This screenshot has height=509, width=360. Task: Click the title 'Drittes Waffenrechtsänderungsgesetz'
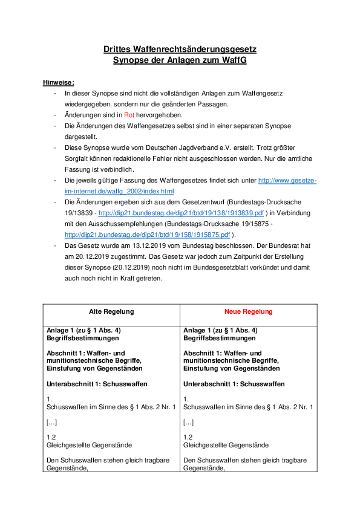pos(180,49)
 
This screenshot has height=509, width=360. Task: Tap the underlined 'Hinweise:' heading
pos(59,82)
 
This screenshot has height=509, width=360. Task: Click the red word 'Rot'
pos(129,115)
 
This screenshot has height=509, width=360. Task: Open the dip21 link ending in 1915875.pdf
pos(148,235)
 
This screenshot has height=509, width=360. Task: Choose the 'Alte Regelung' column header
pos(111,311)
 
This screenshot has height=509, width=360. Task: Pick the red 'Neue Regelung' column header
pos(248,311)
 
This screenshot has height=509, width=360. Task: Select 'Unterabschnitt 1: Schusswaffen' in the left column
pos(97,384)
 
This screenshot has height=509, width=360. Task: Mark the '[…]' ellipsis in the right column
pos(188,422)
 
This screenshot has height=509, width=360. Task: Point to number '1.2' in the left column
pos(51,437)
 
